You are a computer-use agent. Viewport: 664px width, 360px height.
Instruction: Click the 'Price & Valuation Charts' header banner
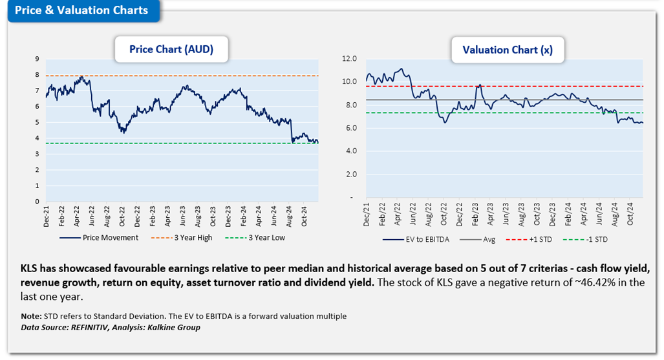[82, 10]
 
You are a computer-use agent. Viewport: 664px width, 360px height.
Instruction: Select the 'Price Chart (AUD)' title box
[171, 49]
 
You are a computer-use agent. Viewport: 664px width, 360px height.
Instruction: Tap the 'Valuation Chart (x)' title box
[507, 49]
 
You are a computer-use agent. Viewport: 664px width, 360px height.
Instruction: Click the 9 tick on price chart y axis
[37, 59]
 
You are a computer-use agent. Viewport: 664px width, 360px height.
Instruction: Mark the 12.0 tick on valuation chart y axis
[349, 59]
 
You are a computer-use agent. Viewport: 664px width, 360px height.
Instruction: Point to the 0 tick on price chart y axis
[37, 202]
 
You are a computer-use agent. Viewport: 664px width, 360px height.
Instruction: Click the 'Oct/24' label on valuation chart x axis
[627, 213]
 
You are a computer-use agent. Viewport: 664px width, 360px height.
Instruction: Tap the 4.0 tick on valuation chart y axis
[349, 151]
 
